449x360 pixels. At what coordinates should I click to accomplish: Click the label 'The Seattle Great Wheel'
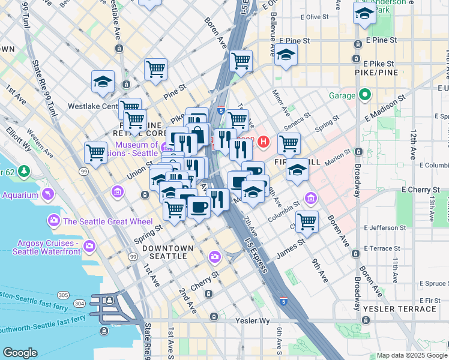point(107,221)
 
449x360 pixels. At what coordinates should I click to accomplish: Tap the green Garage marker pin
point(364,95)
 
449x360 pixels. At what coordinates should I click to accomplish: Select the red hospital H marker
point(264,142)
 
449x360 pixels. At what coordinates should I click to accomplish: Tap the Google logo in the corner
point(20,353)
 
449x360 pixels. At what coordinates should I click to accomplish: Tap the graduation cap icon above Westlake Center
point(103,81)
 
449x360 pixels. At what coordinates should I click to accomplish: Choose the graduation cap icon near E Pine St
point(286,55)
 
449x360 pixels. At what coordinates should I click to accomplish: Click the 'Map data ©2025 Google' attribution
point(412,355)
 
